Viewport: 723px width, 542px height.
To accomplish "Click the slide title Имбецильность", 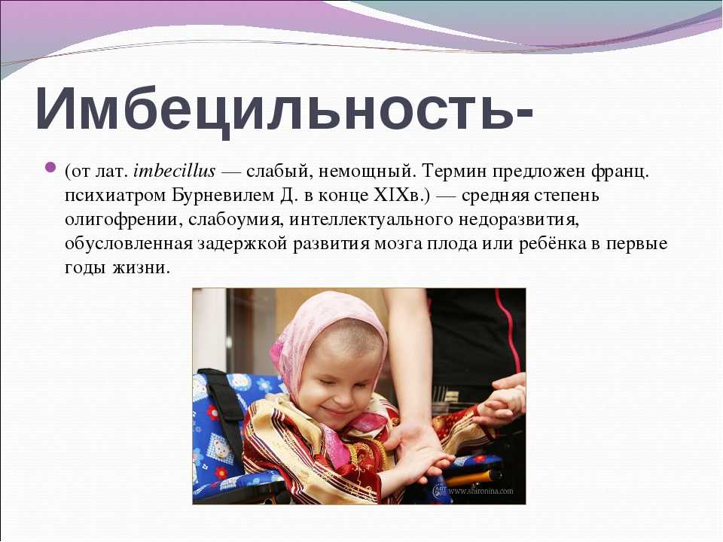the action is [284, 108].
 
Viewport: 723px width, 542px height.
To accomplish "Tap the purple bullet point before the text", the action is [50, 166].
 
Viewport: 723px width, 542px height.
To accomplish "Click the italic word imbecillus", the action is [174, 172].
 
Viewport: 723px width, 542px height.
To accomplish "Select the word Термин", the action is [453, 172].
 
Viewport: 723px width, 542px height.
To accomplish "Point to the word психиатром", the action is [114, 196].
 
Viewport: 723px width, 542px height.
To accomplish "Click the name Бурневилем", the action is [223, 196].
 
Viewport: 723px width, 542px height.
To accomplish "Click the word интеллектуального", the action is [371, 220].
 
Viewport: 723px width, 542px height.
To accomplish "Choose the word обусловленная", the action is [128, 244].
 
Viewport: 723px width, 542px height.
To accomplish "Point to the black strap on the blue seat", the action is [226, 415].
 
